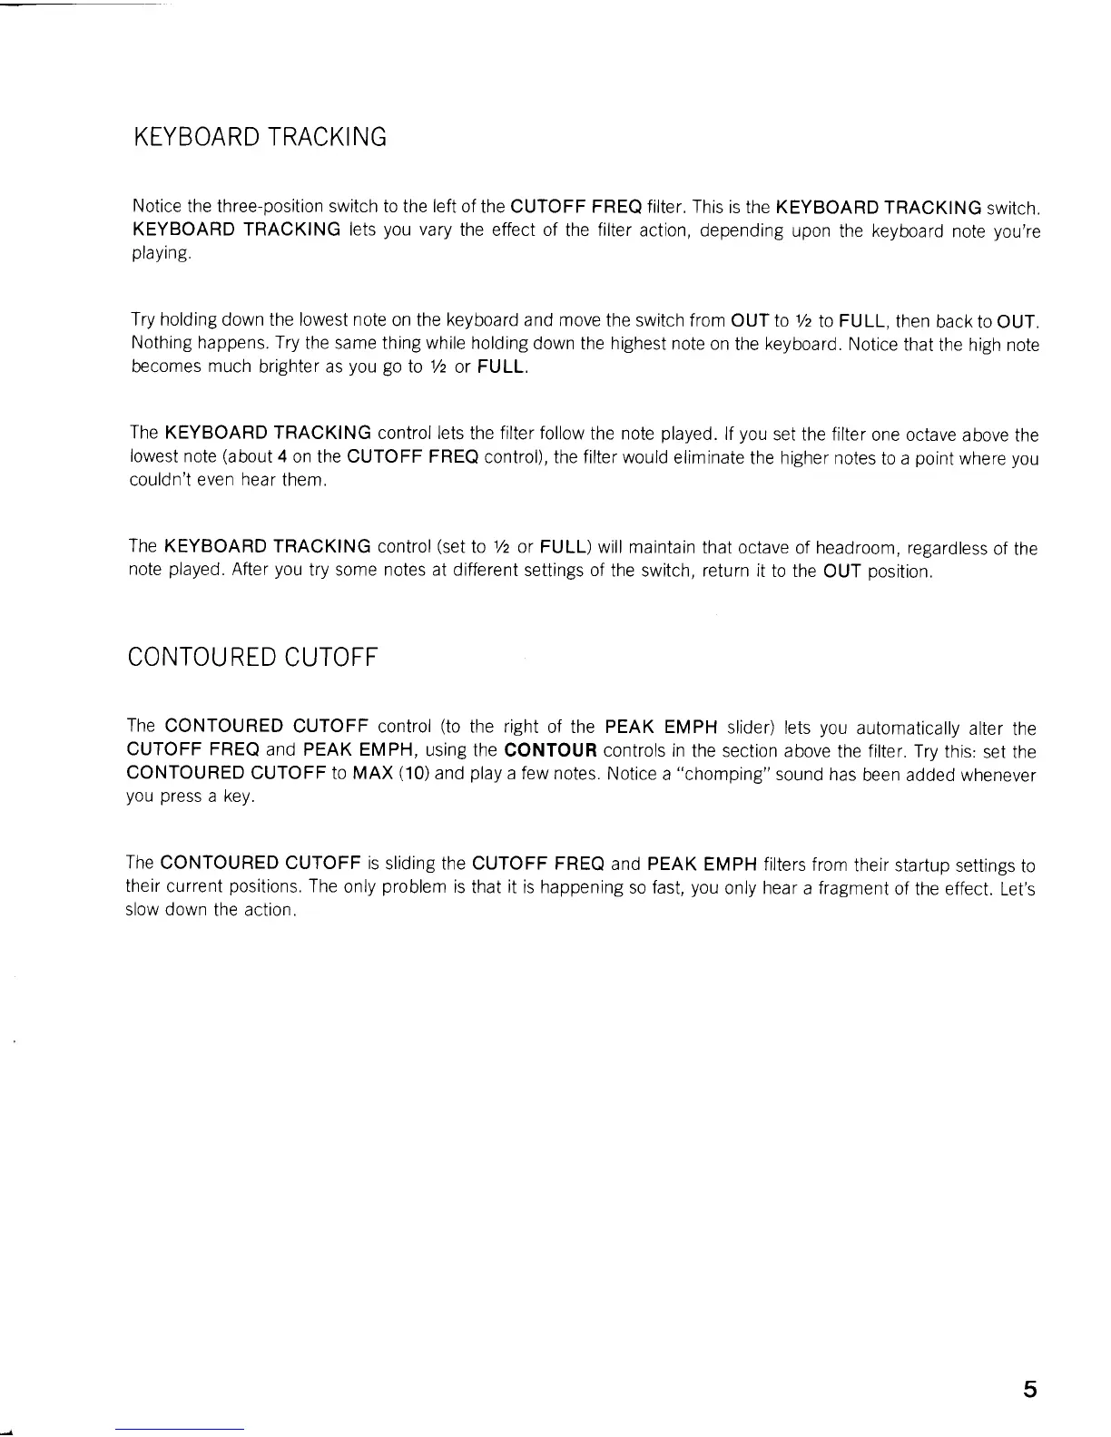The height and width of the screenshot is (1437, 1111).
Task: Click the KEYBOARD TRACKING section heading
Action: tap(260, 138)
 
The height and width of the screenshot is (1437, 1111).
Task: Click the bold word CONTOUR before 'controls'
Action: tap(550, 751)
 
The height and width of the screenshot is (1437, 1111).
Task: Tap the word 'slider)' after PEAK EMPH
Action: tap(749, 728)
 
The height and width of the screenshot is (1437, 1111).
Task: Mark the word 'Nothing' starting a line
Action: tap(159, 345)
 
